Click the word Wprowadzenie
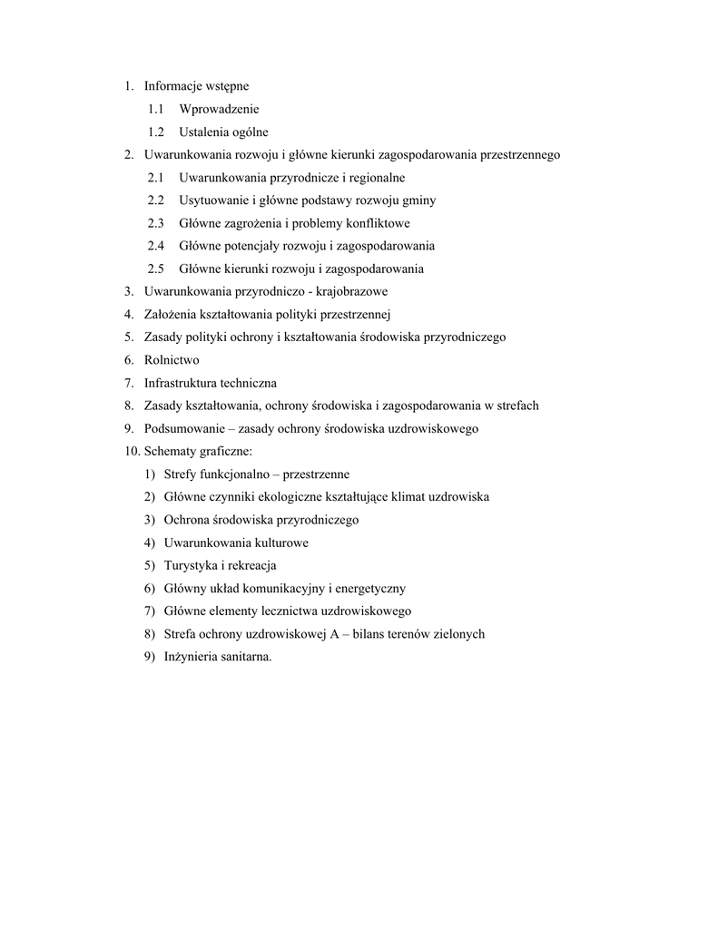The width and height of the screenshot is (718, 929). click(x=219, y=109)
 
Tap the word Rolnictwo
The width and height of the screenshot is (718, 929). click(x=172, y=360)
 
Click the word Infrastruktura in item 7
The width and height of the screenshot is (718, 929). click(x=181, y=383)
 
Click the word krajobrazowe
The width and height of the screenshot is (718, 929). click(x=352, y=291)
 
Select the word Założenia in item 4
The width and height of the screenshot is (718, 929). click(x=170, y=314)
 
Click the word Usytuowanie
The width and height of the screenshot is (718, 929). click(x=211, y=200)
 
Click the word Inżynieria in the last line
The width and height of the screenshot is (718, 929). click(x=191, y=657)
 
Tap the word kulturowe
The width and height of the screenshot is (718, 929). click(x=281, y=543)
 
